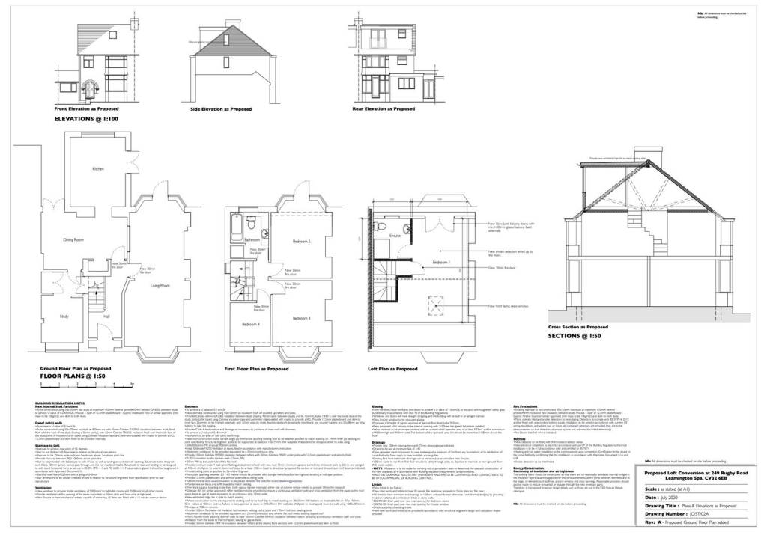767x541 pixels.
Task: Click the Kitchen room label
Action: click(97, 169)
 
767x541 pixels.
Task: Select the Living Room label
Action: click(160, 285)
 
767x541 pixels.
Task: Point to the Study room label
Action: click(63, 317)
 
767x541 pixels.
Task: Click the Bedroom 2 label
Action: click(301, 242)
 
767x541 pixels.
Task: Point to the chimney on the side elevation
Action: click(233, 24)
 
